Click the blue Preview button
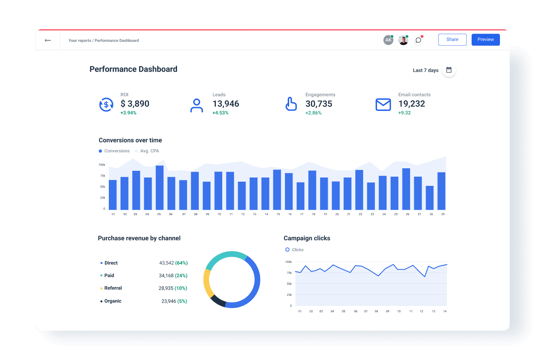tap(485, 39)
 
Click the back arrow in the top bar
tap(48, 40)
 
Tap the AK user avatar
tap(388, 40)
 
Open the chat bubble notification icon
tap(418, 40)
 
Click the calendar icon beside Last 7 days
tap(449, 70)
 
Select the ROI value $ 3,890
tap(135, 104)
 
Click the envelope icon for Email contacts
tap(383, 105)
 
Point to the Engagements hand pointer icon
tap(291, 104)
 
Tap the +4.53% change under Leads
tap(220, 113)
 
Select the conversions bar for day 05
tap(159, 188)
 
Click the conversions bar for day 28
tap(430, 198)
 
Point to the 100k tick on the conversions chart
tap(102, 165)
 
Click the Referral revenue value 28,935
tap(167, 288)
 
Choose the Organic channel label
tap(113, 301)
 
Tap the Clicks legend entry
tap(295, 250)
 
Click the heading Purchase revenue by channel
tap(139, 238)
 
